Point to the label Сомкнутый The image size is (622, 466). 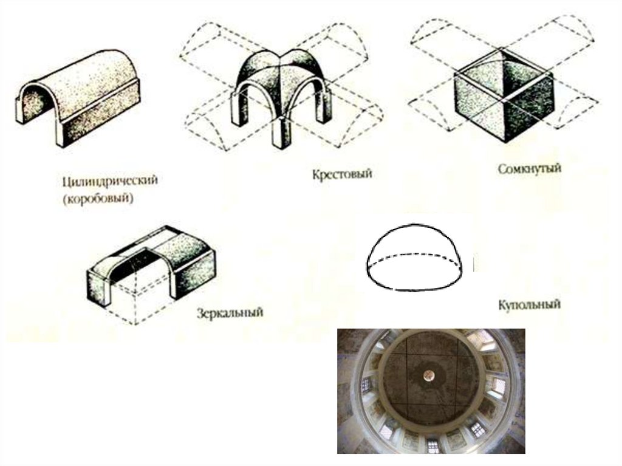tap(529, 168)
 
